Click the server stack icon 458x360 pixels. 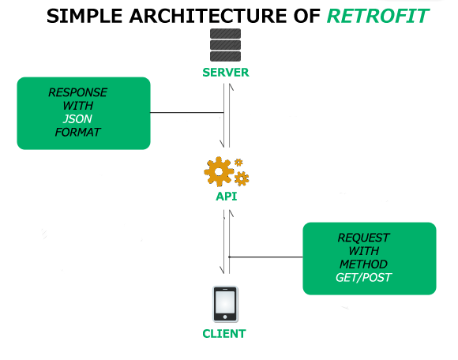tap(225, 46)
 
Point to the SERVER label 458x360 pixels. tap(225, 73)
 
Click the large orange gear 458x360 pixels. tap(219, 171)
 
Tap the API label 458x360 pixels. tap(227, 197)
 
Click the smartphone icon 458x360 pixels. tap(226, 305)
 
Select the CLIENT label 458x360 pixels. tap(224, 333)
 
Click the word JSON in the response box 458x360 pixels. tap(77, 118)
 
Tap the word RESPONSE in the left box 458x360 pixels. tap(77, 92)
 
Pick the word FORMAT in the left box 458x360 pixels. tap(77, 132)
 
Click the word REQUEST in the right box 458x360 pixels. tap(363, 237)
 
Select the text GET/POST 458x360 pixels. tap(363, 277)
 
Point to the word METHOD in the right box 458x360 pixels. tap(363, 264)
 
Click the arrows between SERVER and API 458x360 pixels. tap(226, 114)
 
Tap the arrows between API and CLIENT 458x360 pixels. tap(226, 245)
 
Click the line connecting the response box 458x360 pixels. tap(187, 113)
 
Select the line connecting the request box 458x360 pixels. tap(265, 257)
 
